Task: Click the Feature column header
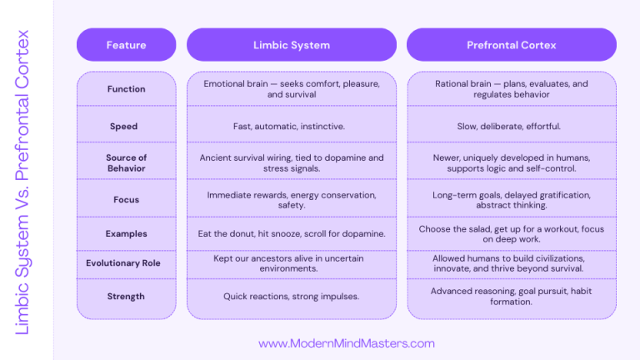pos(126,45)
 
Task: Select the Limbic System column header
pos(291,45)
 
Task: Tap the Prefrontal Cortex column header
pos(511,45)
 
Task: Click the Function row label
pos(126,89)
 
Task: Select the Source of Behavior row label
pos(126,162)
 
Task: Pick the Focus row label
pos(126,200)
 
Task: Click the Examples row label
pos(126,234)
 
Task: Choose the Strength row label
pos(126,296)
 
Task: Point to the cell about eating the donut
pos(291,234)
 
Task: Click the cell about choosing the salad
pos(511,234)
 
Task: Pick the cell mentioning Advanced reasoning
pos(511,296)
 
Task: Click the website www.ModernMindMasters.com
pos(347,343)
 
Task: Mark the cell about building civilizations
pos(511,263)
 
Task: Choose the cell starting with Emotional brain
pos(291,89)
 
